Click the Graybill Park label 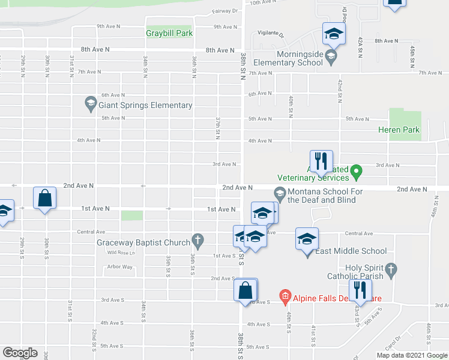click(x=169, y=33)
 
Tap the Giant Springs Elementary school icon click(x=91, y=105)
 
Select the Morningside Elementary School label click(x=288, y=58)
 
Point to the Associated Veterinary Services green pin click(x=355, y=173)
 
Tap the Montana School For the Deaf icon click(x=279, y=193)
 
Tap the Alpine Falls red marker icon click(x=285, y=296)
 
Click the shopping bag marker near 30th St click(x=45, y=198)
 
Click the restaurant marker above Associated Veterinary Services click(x=321, y=161)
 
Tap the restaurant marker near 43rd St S click(x=360, y=290)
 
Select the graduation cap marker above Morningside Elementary click(x=333, y=33)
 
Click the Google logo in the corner click(x=20, y=353)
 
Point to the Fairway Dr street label click(x=225, y=11)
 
